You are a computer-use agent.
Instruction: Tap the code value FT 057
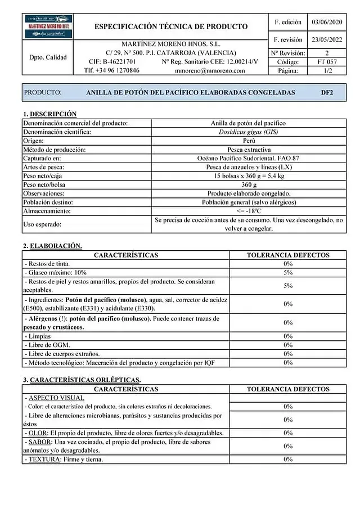click(x=327, y=62)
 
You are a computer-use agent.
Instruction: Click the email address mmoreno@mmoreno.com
click(x=210, y=71)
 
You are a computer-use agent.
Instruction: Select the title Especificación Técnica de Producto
click(x=171, y=26)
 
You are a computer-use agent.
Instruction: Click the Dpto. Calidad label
click(x=48, y=57)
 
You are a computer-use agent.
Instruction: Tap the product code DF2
click(x=327, y=92)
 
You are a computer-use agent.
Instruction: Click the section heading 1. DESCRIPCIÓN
click(x=49, y=114)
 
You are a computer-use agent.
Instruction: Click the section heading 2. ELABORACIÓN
click(x=52, y=246)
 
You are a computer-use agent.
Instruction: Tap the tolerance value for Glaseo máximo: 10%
click(x=288, y=272)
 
